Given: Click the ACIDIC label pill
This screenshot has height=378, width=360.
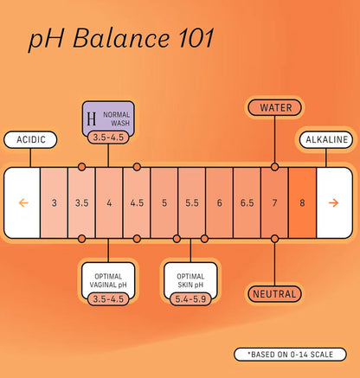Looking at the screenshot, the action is pos(30,140).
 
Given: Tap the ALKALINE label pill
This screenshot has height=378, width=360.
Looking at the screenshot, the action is pos(326,140).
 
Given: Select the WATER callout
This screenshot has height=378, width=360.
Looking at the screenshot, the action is pos(274,108).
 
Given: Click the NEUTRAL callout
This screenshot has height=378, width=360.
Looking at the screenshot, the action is pos(274,294).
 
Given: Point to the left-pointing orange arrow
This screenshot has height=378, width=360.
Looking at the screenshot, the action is pos(23,203).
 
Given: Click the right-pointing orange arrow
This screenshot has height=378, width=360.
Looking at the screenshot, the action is pos(333,203).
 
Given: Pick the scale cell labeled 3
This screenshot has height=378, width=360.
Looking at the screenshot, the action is pos(55,203).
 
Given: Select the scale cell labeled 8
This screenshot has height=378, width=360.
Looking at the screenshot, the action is pos(302,203).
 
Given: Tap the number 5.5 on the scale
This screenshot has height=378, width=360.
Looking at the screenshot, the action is pos(192,203).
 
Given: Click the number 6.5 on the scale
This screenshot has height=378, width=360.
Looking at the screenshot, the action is pos(247,203).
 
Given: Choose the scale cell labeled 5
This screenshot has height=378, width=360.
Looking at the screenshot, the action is pos(164,203).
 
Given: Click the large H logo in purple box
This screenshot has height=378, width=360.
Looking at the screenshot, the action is pos(92,119).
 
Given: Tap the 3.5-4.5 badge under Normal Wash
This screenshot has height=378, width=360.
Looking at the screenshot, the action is pos(108,138).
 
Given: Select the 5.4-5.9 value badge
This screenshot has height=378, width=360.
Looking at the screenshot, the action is pos(190,299).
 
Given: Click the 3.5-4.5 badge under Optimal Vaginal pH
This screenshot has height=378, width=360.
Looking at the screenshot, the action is pos(108,299).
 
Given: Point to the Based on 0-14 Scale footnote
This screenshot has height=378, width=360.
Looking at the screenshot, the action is pos(290,355).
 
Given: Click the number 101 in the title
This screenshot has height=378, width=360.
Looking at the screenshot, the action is pos(196,38).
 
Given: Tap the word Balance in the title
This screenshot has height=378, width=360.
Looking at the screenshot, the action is pos(121,38).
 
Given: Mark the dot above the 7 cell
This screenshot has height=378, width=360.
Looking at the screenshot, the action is pos(274,167).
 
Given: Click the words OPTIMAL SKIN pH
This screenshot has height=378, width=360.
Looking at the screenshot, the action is pos(190,280).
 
